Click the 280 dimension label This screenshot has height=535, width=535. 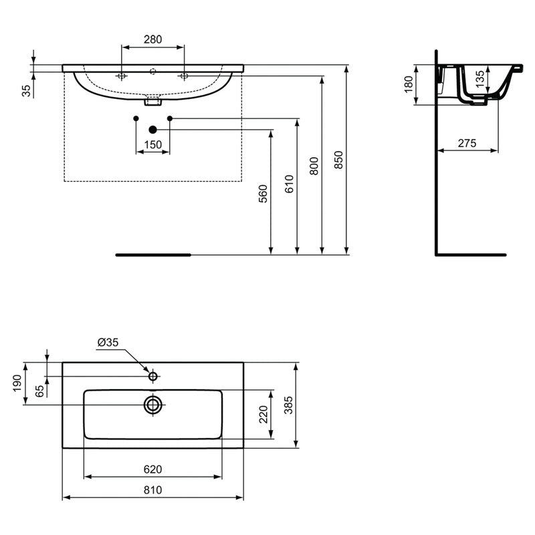point(152,39)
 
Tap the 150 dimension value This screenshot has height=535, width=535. point(152,145)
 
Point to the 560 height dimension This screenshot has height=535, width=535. point(263,193)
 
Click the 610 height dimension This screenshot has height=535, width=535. point(289,183)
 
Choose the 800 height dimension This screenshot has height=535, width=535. point(314,166)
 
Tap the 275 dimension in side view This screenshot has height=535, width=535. point(467,142)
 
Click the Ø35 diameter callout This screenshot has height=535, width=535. point(108,342)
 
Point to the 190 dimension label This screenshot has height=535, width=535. point(17,383)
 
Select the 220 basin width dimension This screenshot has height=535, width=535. point(263,415)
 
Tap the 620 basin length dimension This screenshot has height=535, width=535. point(152,469)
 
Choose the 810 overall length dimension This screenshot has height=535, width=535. point(152,490)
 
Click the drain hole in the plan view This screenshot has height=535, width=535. point(153,404)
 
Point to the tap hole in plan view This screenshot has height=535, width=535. point(153,377)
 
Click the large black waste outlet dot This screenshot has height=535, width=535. point(152,129)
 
